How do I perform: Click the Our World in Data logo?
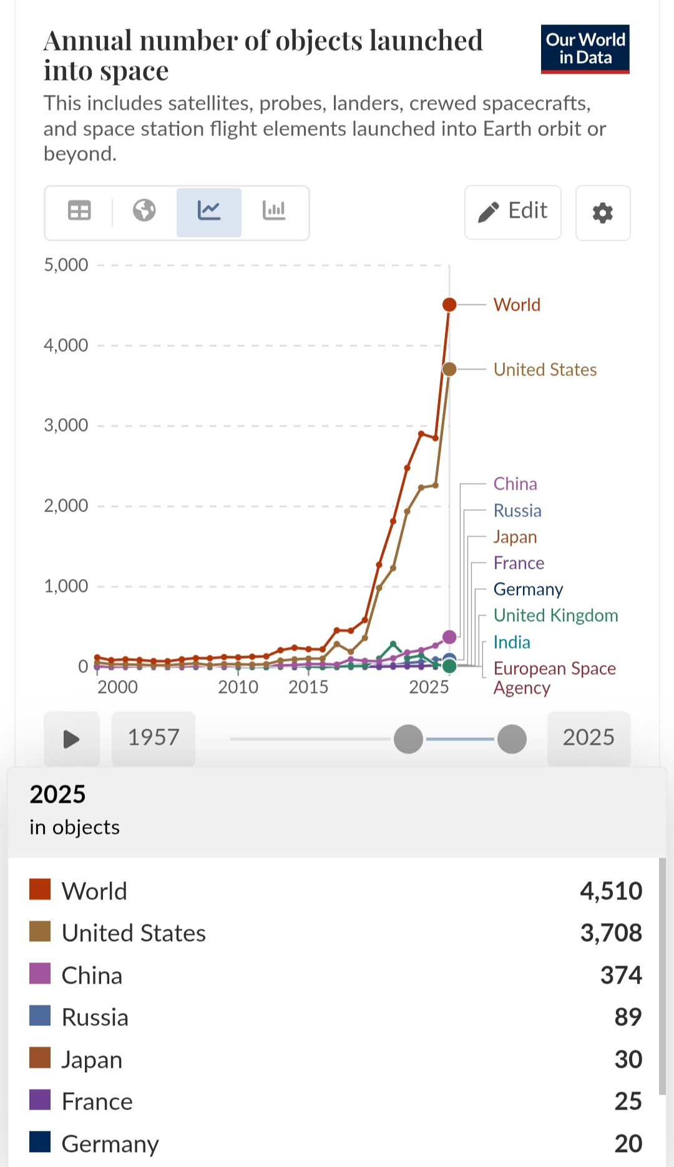[585, 49]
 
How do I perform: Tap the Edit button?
[513, 212]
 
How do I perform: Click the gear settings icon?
[602, 213]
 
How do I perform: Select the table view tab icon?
[79, 211]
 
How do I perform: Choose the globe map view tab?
[144, 211]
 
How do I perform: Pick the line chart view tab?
[208, 211]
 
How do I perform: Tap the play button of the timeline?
[71, 738]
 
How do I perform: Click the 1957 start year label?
[154, 738]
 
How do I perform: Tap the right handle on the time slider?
[512, 739]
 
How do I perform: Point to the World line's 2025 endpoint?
[449, 304]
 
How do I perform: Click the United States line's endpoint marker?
[449, 369]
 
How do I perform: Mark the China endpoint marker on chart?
[449, 637]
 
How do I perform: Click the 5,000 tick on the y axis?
[66, 265]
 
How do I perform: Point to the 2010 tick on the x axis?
[238, 687]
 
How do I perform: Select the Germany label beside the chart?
[528, 589]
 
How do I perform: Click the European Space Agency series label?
[554, 677]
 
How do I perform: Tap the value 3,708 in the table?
[611, 933]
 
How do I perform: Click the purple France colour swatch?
[40, 1101]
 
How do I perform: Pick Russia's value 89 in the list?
[628, 1017]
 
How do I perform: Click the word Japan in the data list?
[92, 1060]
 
